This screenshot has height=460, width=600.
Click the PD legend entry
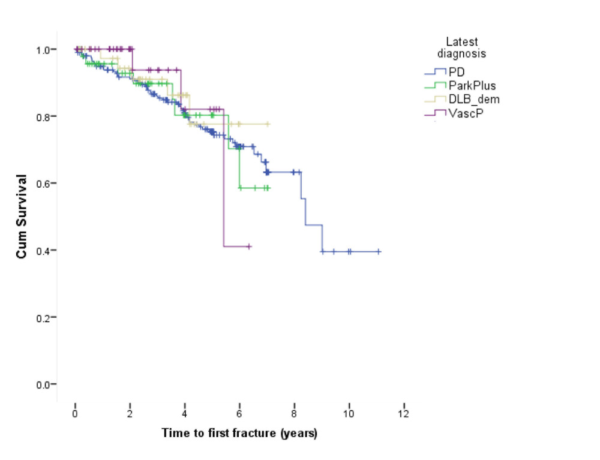pos(454,71)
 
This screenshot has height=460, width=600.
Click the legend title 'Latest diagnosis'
pos(461,47)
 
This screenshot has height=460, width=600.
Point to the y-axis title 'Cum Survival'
pos(22,217)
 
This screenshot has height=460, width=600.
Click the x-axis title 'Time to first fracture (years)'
pos(239,432)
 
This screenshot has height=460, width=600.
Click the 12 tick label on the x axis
pos(404,414)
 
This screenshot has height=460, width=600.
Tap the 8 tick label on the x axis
pos(294,414)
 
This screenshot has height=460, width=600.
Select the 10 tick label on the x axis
pos(349,414)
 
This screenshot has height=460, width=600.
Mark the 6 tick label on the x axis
pos(239,414)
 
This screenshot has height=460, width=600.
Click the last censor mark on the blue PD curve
pos(379,252)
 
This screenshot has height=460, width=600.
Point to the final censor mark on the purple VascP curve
pos(249,246)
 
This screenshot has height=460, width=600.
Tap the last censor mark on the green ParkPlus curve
pos(268,188)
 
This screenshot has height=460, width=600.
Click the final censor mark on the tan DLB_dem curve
pos(268,124)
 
